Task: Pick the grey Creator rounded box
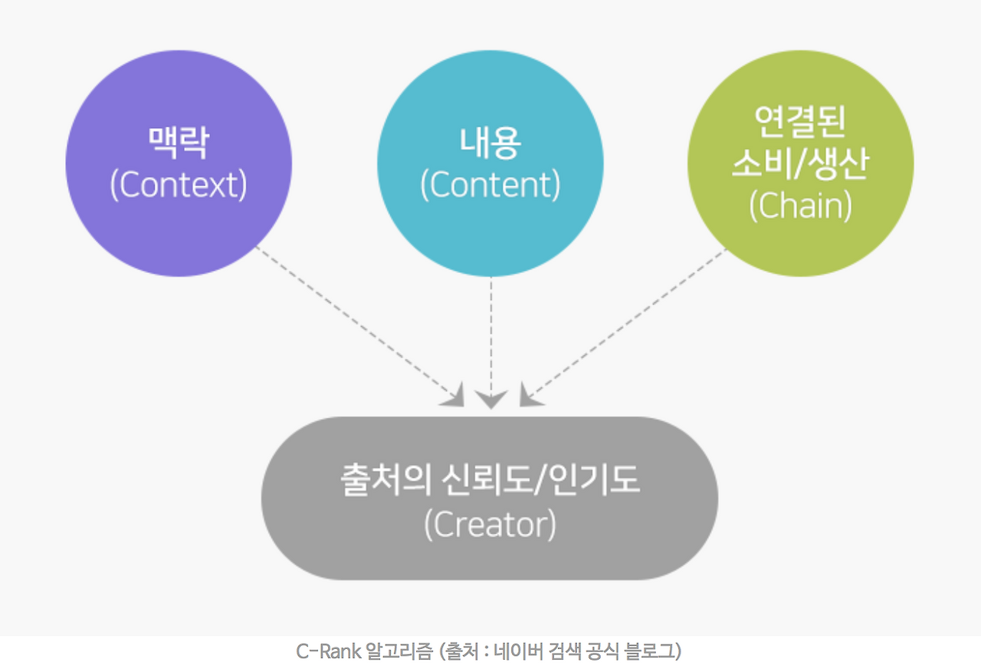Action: pos(490,552)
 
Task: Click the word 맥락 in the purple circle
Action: pos(178,143)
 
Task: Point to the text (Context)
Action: pos(179,185)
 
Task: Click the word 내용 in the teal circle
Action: pos(490,143)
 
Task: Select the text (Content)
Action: pos(490,185)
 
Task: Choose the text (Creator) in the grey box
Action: pos(490,525)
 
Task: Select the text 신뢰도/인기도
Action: pos(541,482)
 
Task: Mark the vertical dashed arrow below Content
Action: pos(490,338)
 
